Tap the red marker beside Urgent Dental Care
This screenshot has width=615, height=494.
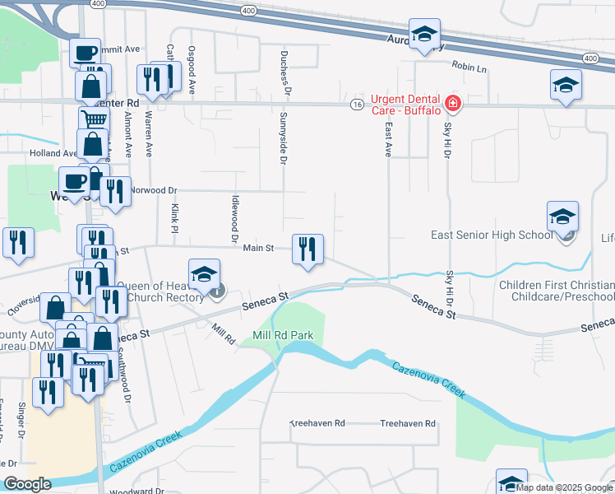pos(451,104)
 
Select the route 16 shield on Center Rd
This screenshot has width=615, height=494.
pos(356,105)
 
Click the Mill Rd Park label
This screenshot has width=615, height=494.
pos(284,337)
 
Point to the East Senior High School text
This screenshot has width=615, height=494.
pos(492,235)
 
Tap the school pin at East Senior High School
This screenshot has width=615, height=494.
pos(562,217)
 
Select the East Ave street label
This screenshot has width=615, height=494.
pos(386,140)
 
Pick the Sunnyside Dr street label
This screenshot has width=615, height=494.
pos(282,139)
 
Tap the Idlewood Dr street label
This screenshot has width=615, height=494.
pos(234,221)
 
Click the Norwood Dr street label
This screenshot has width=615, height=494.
pos(146,189)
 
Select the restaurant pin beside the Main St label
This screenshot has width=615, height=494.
pos(307,249)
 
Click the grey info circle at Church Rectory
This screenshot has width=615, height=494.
pos(217,291)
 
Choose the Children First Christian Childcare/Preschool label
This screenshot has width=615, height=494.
pos(557,291)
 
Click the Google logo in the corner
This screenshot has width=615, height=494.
pos(27,485)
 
